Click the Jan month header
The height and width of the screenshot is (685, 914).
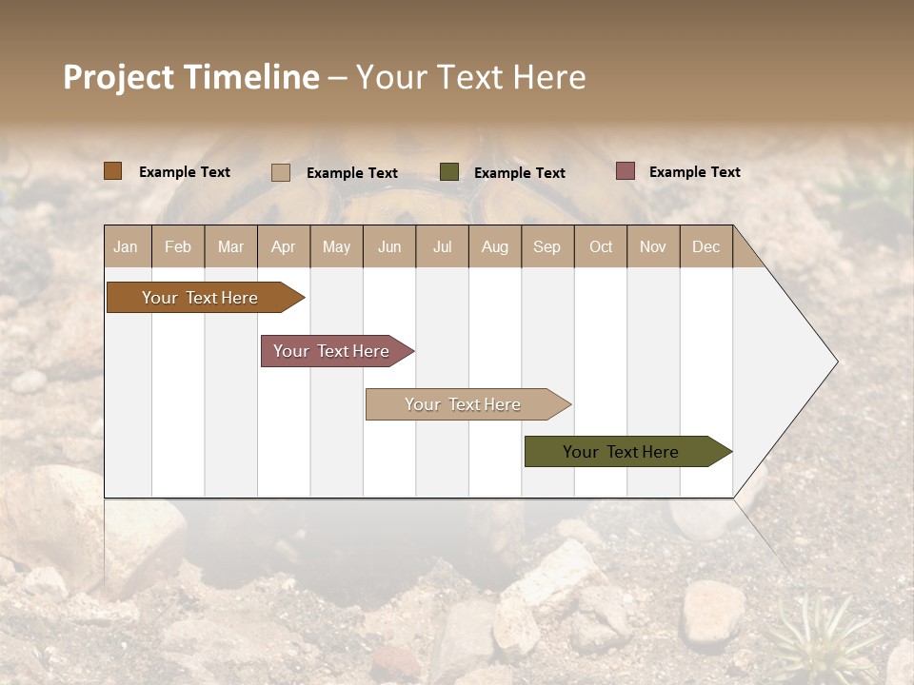coord(127,246)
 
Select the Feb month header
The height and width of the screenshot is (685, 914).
coord(178,246)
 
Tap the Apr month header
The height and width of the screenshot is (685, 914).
coord(284,246)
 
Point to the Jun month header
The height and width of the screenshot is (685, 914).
coord(389,246)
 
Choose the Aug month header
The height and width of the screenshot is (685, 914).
coord(495,246)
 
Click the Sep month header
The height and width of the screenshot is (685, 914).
coord(547,246)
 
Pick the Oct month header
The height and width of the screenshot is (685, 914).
coord(601,246)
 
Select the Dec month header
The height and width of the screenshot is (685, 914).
coord(706,246)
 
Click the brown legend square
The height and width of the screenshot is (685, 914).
coord(113,171)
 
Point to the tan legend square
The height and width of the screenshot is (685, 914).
coord(281,172)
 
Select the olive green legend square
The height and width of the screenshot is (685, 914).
coord(449,171)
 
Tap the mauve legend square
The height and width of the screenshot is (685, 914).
coord(625,171)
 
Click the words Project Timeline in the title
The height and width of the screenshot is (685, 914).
coord(191,77)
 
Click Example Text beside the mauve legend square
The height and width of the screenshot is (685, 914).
coord(694,172)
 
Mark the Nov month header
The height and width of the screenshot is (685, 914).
coord(653,246)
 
